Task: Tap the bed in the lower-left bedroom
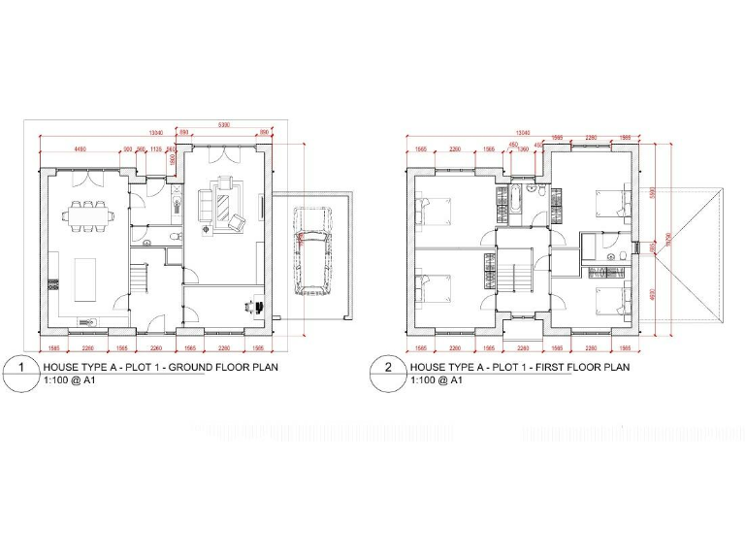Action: click(434, 291)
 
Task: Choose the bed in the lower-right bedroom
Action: click(614, 301)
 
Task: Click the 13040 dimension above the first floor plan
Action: click(523, 132)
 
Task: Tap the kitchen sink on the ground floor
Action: click(85, 321)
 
